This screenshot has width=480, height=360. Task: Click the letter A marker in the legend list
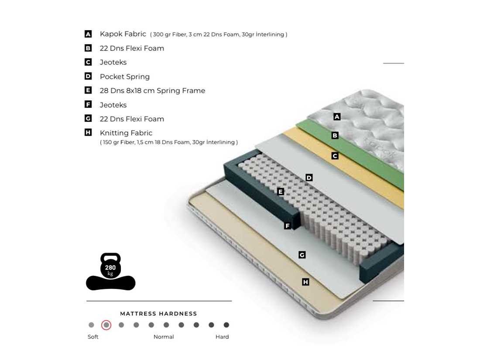tap(88, 34)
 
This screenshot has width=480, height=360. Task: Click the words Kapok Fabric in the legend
tap(123, 34)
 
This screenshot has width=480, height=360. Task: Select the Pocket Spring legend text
tap(125, 77)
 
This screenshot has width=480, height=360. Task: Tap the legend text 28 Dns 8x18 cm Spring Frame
tap(152, 91)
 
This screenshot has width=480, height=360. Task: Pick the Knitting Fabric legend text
tap(126, 133)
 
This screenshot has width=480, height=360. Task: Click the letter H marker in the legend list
tap(88, 133)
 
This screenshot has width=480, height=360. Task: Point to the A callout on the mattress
tap(336, 117)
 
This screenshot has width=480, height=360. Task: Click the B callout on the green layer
tap(335, 135)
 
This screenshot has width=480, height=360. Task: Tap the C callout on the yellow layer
tap(335, 156)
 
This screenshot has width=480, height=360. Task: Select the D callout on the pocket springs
tap(309, 178)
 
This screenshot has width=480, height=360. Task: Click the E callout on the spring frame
tap(281, 192)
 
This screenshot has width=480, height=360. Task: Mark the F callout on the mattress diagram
tap(287, 226)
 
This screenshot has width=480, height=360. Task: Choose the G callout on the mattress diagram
tap(302, 255)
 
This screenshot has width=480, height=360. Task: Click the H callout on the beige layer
tap(305, 282)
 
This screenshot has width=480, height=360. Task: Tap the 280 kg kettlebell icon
tap(110, 266)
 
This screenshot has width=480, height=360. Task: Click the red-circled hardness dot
tap(106, 325)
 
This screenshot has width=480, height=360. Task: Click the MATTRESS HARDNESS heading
tap(158, 314)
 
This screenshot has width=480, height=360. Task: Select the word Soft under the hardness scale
tap(93, 337)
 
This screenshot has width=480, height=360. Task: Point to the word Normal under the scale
tap(164, 337)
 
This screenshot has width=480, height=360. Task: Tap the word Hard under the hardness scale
tap(222, 337)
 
